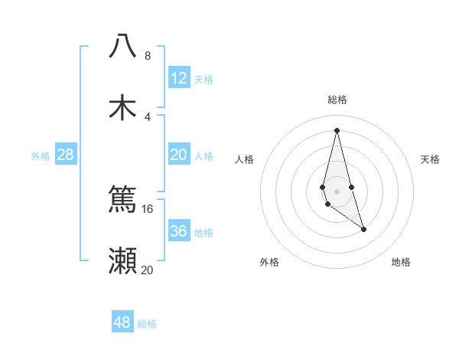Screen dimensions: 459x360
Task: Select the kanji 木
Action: tap(122, 107)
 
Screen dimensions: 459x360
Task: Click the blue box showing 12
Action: tap(179, 78)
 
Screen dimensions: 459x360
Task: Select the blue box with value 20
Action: tap(179, 155)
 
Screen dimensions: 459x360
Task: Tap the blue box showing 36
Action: tap(179, 231)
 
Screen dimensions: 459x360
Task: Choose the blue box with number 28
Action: tap(66, 155)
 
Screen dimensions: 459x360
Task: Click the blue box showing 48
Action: tap(122, 322)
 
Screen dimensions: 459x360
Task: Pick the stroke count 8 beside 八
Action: tap(148, 56)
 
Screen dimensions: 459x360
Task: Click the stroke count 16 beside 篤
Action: tap(148, 208)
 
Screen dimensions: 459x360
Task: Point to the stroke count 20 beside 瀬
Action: tap(148, 270)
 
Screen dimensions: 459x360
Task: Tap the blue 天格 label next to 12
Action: tap(203, 80)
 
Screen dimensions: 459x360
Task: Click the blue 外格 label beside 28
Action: tap(41, 156)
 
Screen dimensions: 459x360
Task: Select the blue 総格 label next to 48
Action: tap(147, 324)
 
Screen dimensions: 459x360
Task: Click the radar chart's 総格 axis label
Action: tap(337, 100)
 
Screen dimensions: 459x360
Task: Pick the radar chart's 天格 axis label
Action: tap(430, 159)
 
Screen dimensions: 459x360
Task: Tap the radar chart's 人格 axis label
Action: tap(244, 159)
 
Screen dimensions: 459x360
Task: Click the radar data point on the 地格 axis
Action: tap(363, 229)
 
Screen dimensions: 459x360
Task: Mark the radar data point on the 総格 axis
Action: tap(337, 129)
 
